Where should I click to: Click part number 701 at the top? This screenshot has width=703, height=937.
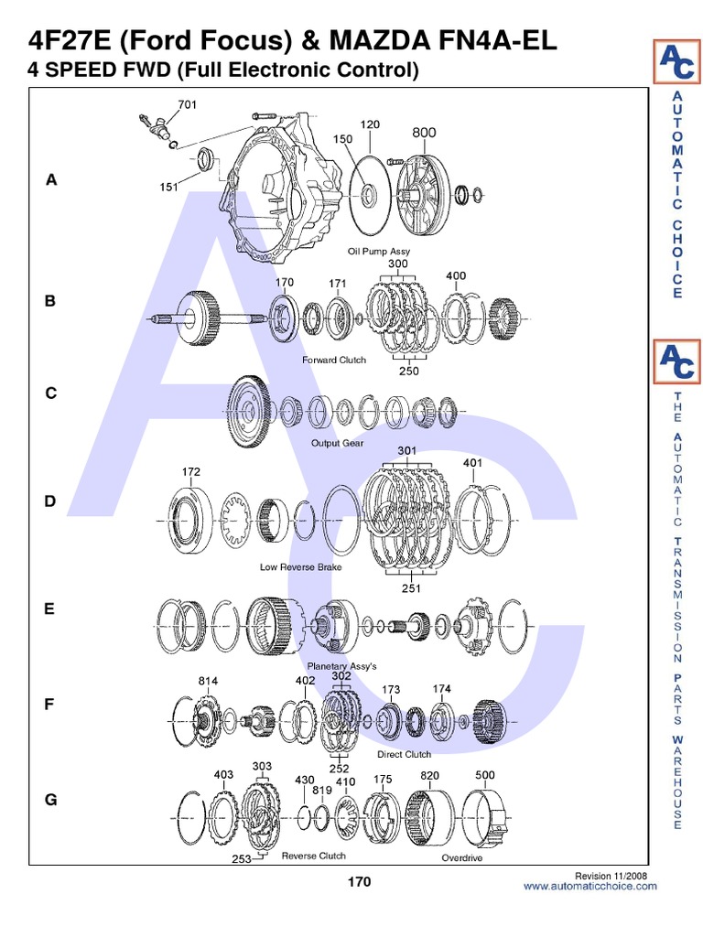click(x=187, y=104)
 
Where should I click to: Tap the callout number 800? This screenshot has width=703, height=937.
click(x=424, y=133)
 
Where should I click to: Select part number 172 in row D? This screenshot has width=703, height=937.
click(x=191, y=471)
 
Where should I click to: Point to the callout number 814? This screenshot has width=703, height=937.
click(x=208, y=681)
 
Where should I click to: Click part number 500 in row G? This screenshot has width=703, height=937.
click(x=485, y=775)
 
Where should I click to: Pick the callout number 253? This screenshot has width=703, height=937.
click(x=242, y=858)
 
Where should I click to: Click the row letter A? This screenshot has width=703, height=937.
click(x=51, y=179)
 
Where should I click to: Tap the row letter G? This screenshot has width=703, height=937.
click(x=51, y=800)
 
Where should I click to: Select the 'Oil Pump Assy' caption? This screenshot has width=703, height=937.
click(x=379, y=252)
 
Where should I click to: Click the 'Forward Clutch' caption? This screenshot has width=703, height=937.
click(x=334, y=360)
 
